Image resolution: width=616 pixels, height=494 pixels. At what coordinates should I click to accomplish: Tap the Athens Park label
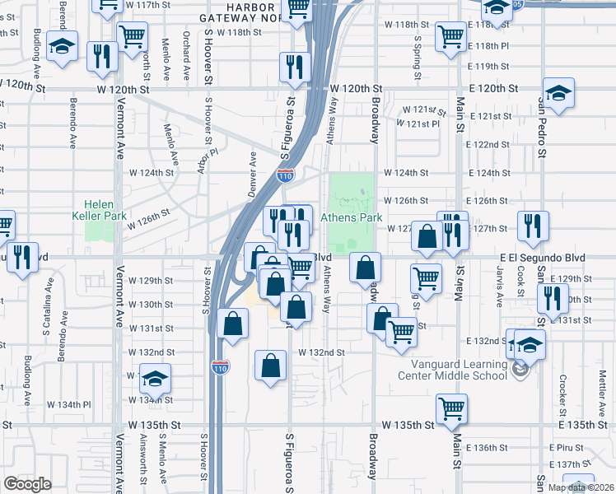pos(352,217)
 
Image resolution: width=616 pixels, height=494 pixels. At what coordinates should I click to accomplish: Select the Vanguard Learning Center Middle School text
pos(452,370)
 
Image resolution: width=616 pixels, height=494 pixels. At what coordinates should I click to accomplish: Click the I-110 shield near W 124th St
pos(285,175)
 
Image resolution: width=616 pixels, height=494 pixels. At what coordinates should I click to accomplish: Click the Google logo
pos(27,484)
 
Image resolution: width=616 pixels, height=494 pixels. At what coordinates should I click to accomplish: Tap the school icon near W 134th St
pos(154,378)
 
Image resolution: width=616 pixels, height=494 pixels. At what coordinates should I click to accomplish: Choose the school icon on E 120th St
pos(558,94)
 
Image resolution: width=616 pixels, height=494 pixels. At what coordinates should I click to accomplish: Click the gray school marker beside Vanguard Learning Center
pos(519,371)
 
